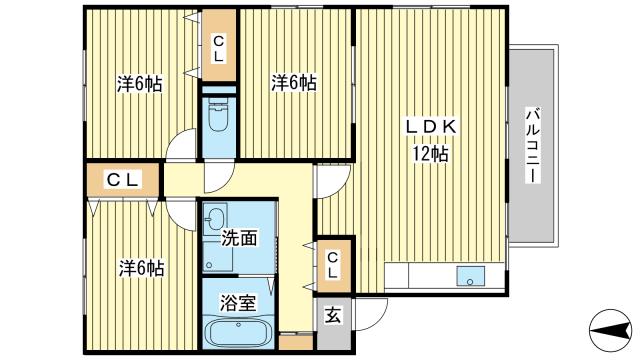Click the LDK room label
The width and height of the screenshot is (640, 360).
coord(431,127)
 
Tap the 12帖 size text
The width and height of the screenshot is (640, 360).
coord(430,154)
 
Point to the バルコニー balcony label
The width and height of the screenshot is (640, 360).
coord(532,145)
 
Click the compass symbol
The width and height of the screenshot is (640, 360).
coord(610,330)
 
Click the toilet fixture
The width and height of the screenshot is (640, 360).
coord(219,114)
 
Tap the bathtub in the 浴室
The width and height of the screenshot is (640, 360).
coord(238,332)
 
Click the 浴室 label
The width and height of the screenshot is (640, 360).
coord(238,303)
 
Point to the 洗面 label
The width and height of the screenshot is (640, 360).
coord(240,238)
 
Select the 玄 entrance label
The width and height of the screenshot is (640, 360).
coord(333,315)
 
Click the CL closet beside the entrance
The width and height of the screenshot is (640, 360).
coord(333,265)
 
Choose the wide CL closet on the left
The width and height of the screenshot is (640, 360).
coord(124,180)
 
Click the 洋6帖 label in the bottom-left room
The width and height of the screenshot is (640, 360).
coord(141,268)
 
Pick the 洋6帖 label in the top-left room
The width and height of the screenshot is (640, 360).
coord(140,84)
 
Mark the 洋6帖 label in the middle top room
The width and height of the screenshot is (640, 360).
coord(294,83)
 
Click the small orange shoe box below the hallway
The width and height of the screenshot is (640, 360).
coord(296,342)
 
